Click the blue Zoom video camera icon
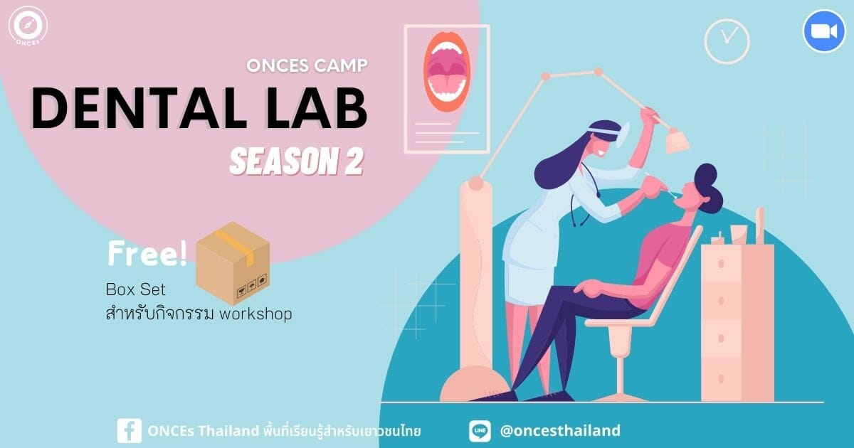coord(824,31)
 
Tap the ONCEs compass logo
coord(28,26)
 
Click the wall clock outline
coord(727,41)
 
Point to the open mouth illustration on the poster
coord(447,72)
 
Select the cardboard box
coord(233,263)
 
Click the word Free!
coord(147,253)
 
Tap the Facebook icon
coord(130,431)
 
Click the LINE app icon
coord(480,431)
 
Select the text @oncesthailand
coord(560,430)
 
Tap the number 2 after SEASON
coord(353,161)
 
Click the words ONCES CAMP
coord(307,65)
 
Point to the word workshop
coord(255,314)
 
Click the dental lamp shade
coord(677,141)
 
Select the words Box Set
coord(136,290)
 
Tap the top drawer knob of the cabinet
coord(721,264)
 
